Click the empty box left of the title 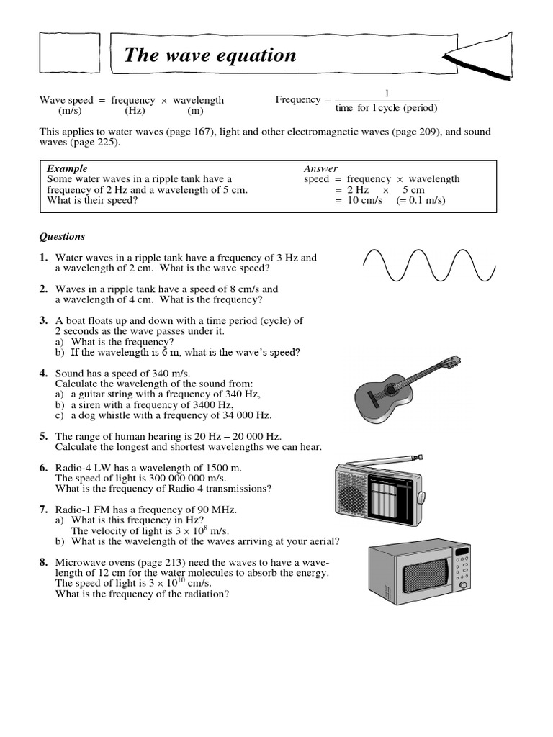pos(70,55)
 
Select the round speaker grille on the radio pos(354,497)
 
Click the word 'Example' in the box pos(67,168)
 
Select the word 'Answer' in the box pos(320,168)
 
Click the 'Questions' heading pos(62,236)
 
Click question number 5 pos(44,436)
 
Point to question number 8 pos(44,562)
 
